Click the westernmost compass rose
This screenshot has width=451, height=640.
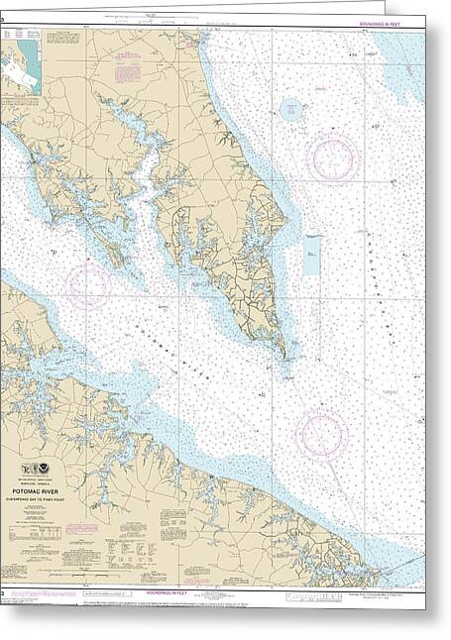click(x=88, y=284)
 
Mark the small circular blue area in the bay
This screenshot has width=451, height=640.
click(x=291, y=109)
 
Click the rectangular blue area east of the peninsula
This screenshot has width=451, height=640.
click(x=312, y=255)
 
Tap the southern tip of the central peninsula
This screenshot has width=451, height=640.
click(x=285, y=354)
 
